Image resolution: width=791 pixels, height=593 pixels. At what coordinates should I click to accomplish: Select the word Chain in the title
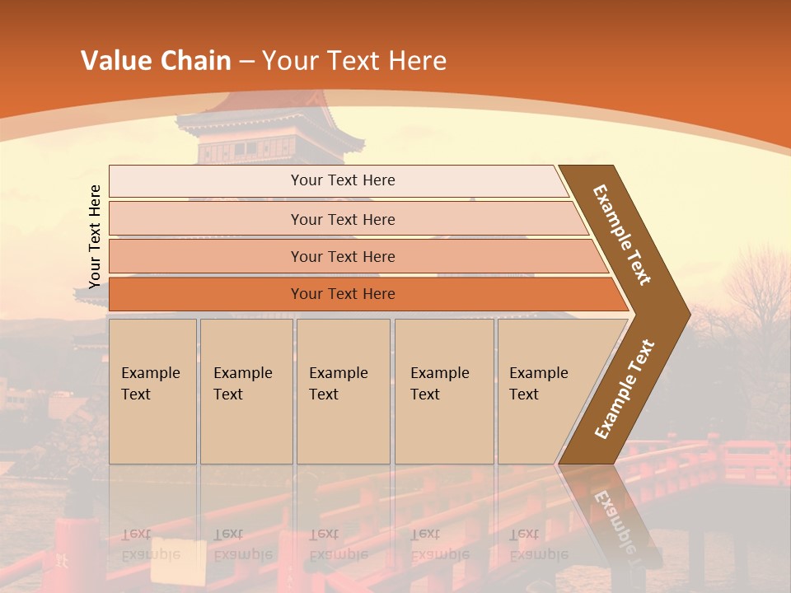tap(197, 61)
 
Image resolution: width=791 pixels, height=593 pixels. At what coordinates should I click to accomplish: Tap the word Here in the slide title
tap(417, 61)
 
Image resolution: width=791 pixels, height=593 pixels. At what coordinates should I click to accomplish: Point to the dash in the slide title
tap(246, 62)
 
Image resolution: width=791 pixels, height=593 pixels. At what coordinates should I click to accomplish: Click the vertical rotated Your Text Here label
tap(95, 237)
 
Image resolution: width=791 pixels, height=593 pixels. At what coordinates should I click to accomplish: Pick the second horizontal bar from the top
tap(343, 219)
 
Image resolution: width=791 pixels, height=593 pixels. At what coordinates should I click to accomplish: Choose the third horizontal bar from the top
tap(343, 256)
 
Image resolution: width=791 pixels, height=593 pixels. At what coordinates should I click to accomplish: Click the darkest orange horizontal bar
tap(343, 294)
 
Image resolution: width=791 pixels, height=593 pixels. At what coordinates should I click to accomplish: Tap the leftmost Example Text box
tap(152, 391)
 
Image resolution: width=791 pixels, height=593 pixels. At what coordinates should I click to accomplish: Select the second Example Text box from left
tap(246, 391)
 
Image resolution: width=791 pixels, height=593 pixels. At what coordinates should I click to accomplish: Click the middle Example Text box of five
tap(343, 391)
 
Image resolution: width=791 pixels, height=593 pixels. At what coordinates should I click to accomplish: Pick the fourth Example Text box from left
tap(443, 391)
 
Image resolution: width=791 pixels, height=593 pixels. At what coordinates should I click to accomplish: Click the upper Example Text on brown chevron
tap(622, 235)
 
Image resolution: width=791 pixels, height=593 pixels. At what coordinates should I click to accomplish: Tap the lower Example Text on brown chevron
tap(625, 389)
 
